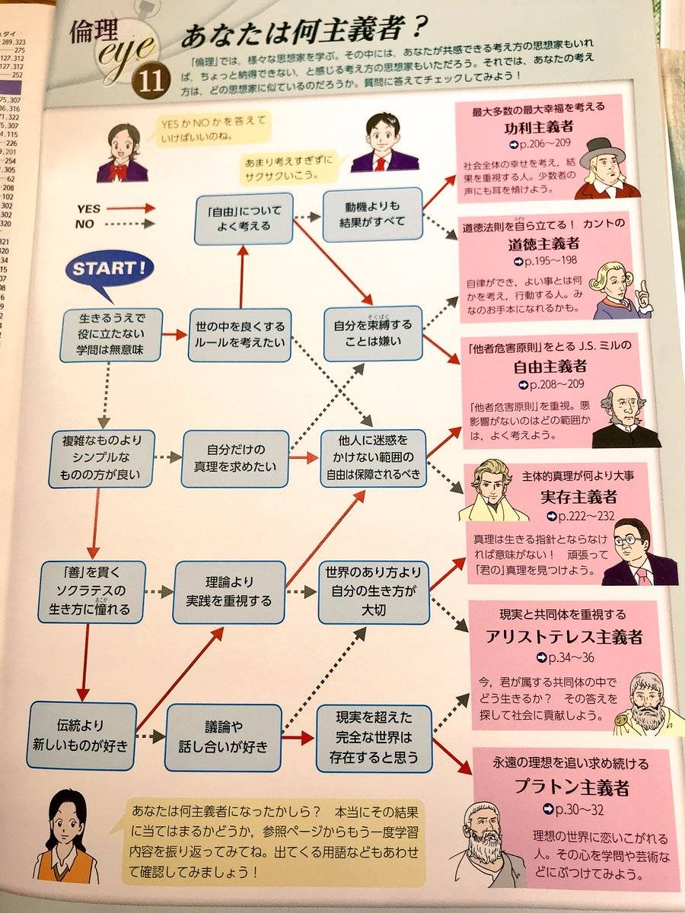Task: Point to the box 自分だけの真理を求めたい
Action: (x=236, y=459)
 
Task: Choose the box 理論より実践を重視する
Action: (x=230, y=592)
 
